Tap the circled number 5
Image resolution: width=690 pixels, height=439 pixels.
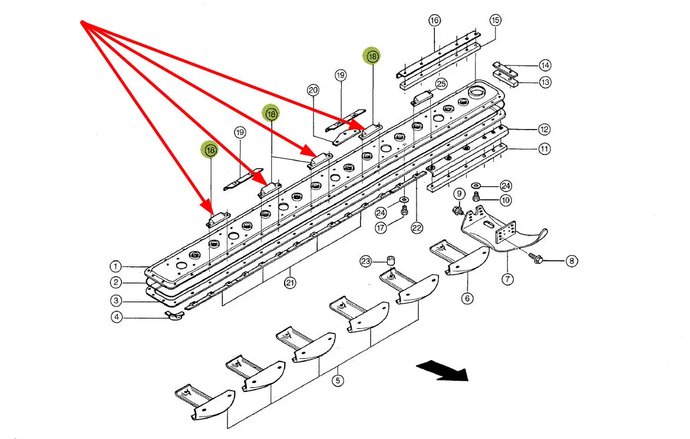tap(337, 380)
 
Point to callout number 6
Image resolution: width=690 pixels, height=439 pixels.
tap(467, 298)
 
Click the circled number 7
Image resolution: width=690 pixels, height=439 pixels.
tap(508, 279)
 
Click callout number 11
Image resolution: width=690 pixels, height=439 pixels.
tap(544, 149)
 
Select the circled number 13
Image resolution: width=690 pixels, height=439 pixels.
tap(545, 82)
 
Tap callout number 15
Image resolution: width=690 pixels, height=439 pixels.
tap(495, 20)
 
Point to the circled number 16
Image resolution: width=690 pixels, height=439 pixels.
tap(434, 21)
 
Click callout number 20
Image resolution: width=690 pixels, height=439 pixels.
tap(313, 90)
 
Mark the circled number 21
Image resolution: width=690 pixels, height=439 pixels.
tap(290, 283)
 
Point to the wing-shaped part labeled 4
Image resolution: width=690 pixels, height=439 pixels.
tap(174, 318)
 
